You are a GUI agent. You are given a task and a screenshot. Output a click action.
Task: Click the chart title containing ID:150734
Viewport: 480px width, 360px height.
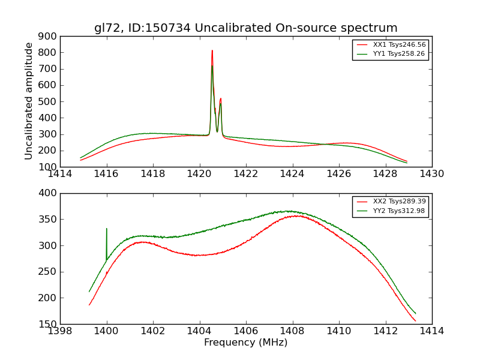[245, 28]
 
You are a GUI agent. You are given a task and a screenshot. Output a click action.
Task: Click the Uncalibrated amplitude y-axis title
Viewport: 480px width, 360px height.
[29, 101]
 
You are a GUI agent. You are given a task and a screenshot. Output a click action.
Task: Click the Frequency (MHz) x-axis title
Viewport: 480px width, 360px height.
[245, 343]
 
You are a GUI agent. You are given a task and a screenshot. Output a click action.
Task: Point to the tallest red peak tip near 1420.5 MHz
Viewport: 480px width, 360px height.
[212, 50]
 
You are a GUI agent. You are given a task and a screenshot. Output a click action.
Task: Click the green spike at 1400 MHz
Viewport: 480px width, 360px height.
[107, 229]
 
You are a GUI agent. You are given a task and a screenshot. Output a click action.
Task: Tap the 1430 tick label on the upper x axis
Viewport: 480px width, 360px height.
[431, 174]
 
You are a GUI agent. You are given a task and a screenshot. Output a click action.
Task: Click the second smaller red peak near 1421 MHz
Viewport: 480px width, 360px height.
[221, 98]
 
